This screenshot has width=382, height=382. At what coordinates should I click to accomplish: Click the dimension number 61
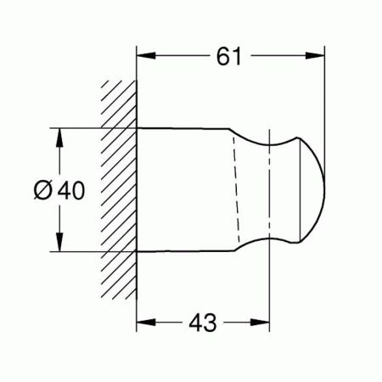[x=229, y=57]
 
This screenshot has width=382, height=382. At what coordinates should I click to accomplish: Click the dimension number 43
[x=201, y=323]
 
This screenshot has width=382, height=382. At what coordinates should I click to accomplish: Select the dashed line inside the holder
[x=237, y=191]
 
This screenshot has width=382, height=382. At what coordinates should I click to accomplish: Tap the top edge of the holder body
[x=183, y=129]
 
